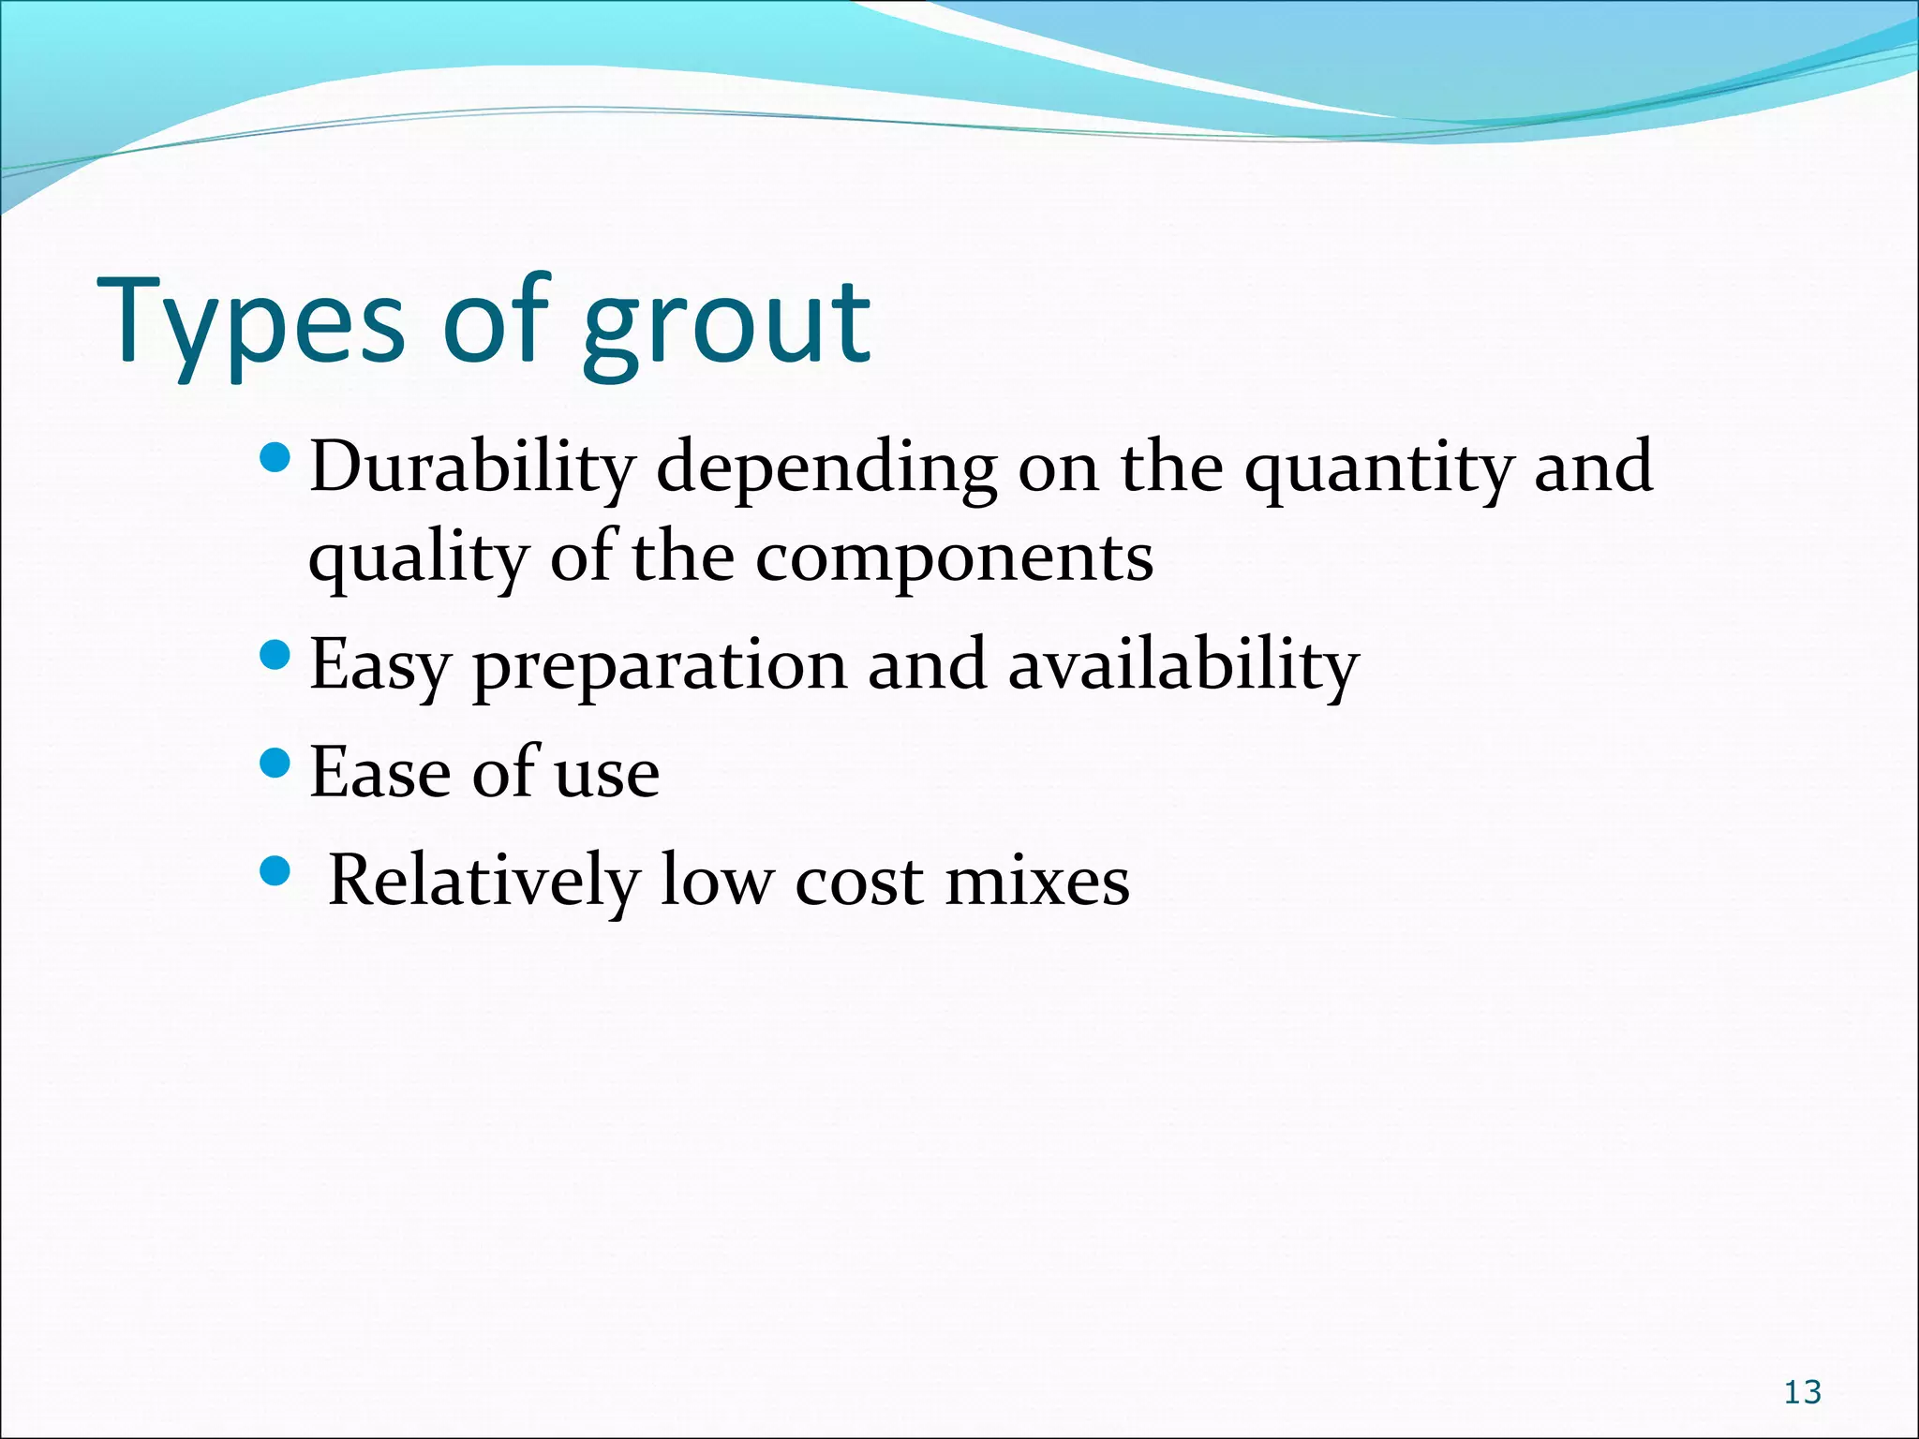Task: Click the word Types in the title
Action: pos(251,323)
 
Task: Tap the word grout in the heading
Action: pos(726,323)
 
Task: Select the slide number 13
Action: pos(1802,1392)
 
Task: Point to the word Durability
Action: pos(472,467)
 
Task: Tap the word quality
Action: pos(418,559)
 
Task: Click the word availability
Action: pos(1183,665)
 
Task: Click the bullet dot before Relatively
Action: pos(275,872)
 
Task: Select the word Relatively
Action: pos(483,881)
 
